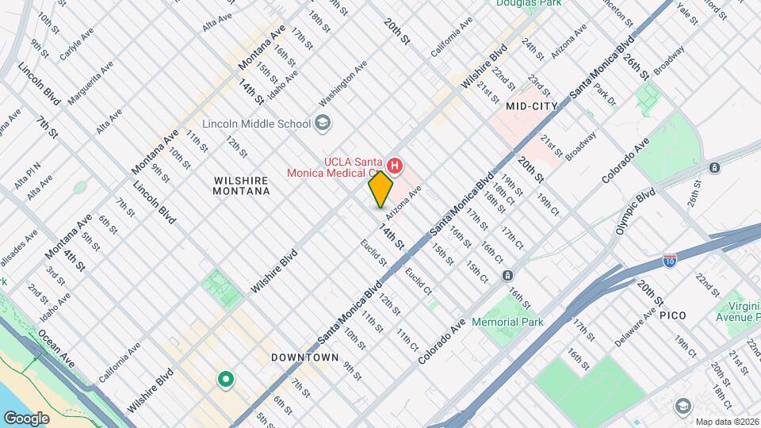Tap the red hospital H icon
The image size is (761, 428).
(x=394, y=166)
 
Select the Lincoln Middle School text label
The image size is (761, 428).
(x=255, y=123)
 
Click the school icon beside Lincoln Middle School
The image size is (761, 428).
(x=323, y=123)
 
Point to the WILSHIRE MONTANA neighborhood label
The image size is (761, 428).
(x=242, y=185)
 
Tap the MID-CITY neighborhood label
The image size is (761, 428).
(x=531, y=105)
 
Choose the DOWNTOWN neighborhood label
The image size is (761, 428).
(x=305, y=357)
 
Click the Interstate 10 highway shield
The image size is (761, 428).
(x=670, y=260)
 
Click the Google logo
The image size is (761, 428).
(x=26, y=418)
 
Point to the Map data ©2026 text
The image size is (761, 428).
(x=725, y=421)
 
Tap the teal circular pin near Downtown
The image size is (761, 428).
(x=226, y=380)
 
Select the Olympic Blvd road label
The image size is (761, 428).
(x=636, y=211)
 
